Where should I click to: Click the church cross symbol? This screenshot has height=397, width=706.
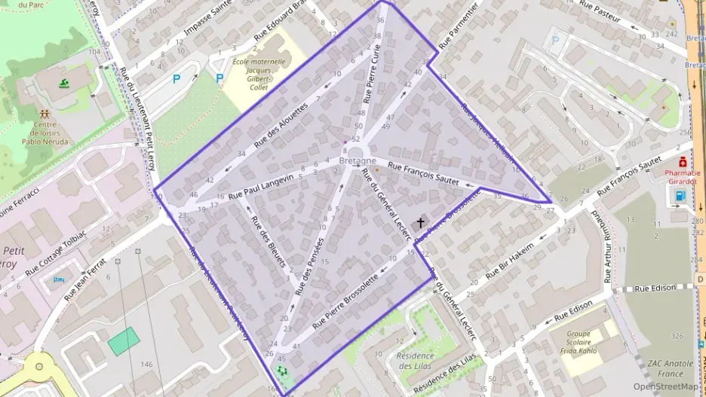point(420,223)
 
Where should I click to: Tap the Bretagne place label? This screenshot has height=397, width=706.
point(358,161)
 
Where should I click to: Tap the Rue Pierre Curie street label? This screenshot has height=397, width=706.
point(372,73)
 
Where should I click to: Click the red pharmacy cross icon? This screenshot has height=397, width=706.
point(683,160)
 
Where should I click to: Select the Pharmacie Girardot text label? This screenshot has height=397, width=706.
point(683,176)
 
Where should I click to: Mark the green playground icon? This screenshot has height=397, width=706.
point(282,371)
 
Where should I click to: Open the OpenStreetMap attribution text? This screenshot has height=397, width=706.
point(665,386)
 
